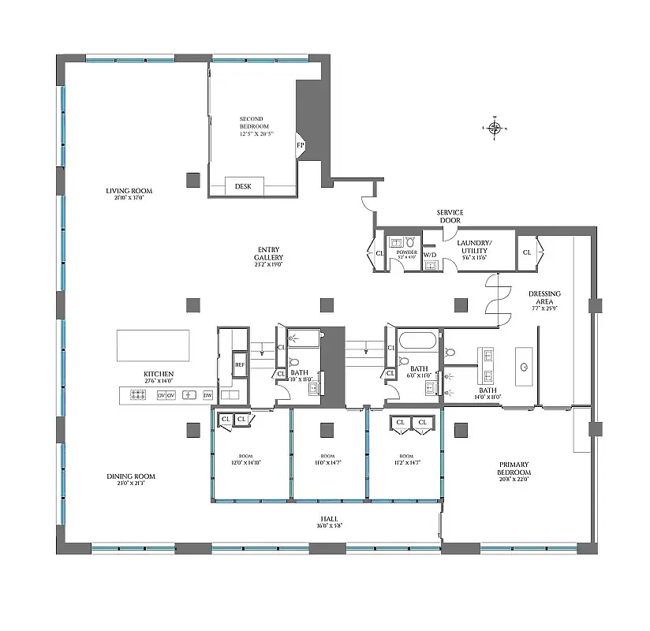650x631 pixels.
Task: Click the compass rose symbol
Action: coord(495,128)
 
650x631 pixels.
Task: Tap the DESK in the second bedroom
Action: coord(243,186)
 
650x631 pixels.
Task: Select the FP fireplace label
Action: coord(300,145)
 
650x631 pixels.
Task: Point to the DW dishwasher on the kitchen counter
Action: coord(208,394)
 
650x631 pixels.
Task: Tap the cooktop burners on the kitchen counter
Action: coord(135,394)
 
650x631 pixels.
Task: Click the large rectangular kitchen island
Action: coord(153,345)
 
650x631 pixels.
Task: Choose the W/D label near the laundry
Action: coord(430,255)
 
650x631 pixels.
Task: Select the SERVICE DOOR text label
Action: coord(450,216)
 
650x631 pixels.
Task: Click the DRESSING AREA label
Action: coord(544,297)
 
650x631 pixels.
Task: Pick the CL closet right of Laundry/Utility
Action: coord(526,252)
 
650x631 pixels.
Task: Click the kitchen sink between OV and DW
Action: coord(188,394)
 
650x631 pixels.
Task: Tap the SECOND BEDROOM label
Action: coord(254,123)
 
